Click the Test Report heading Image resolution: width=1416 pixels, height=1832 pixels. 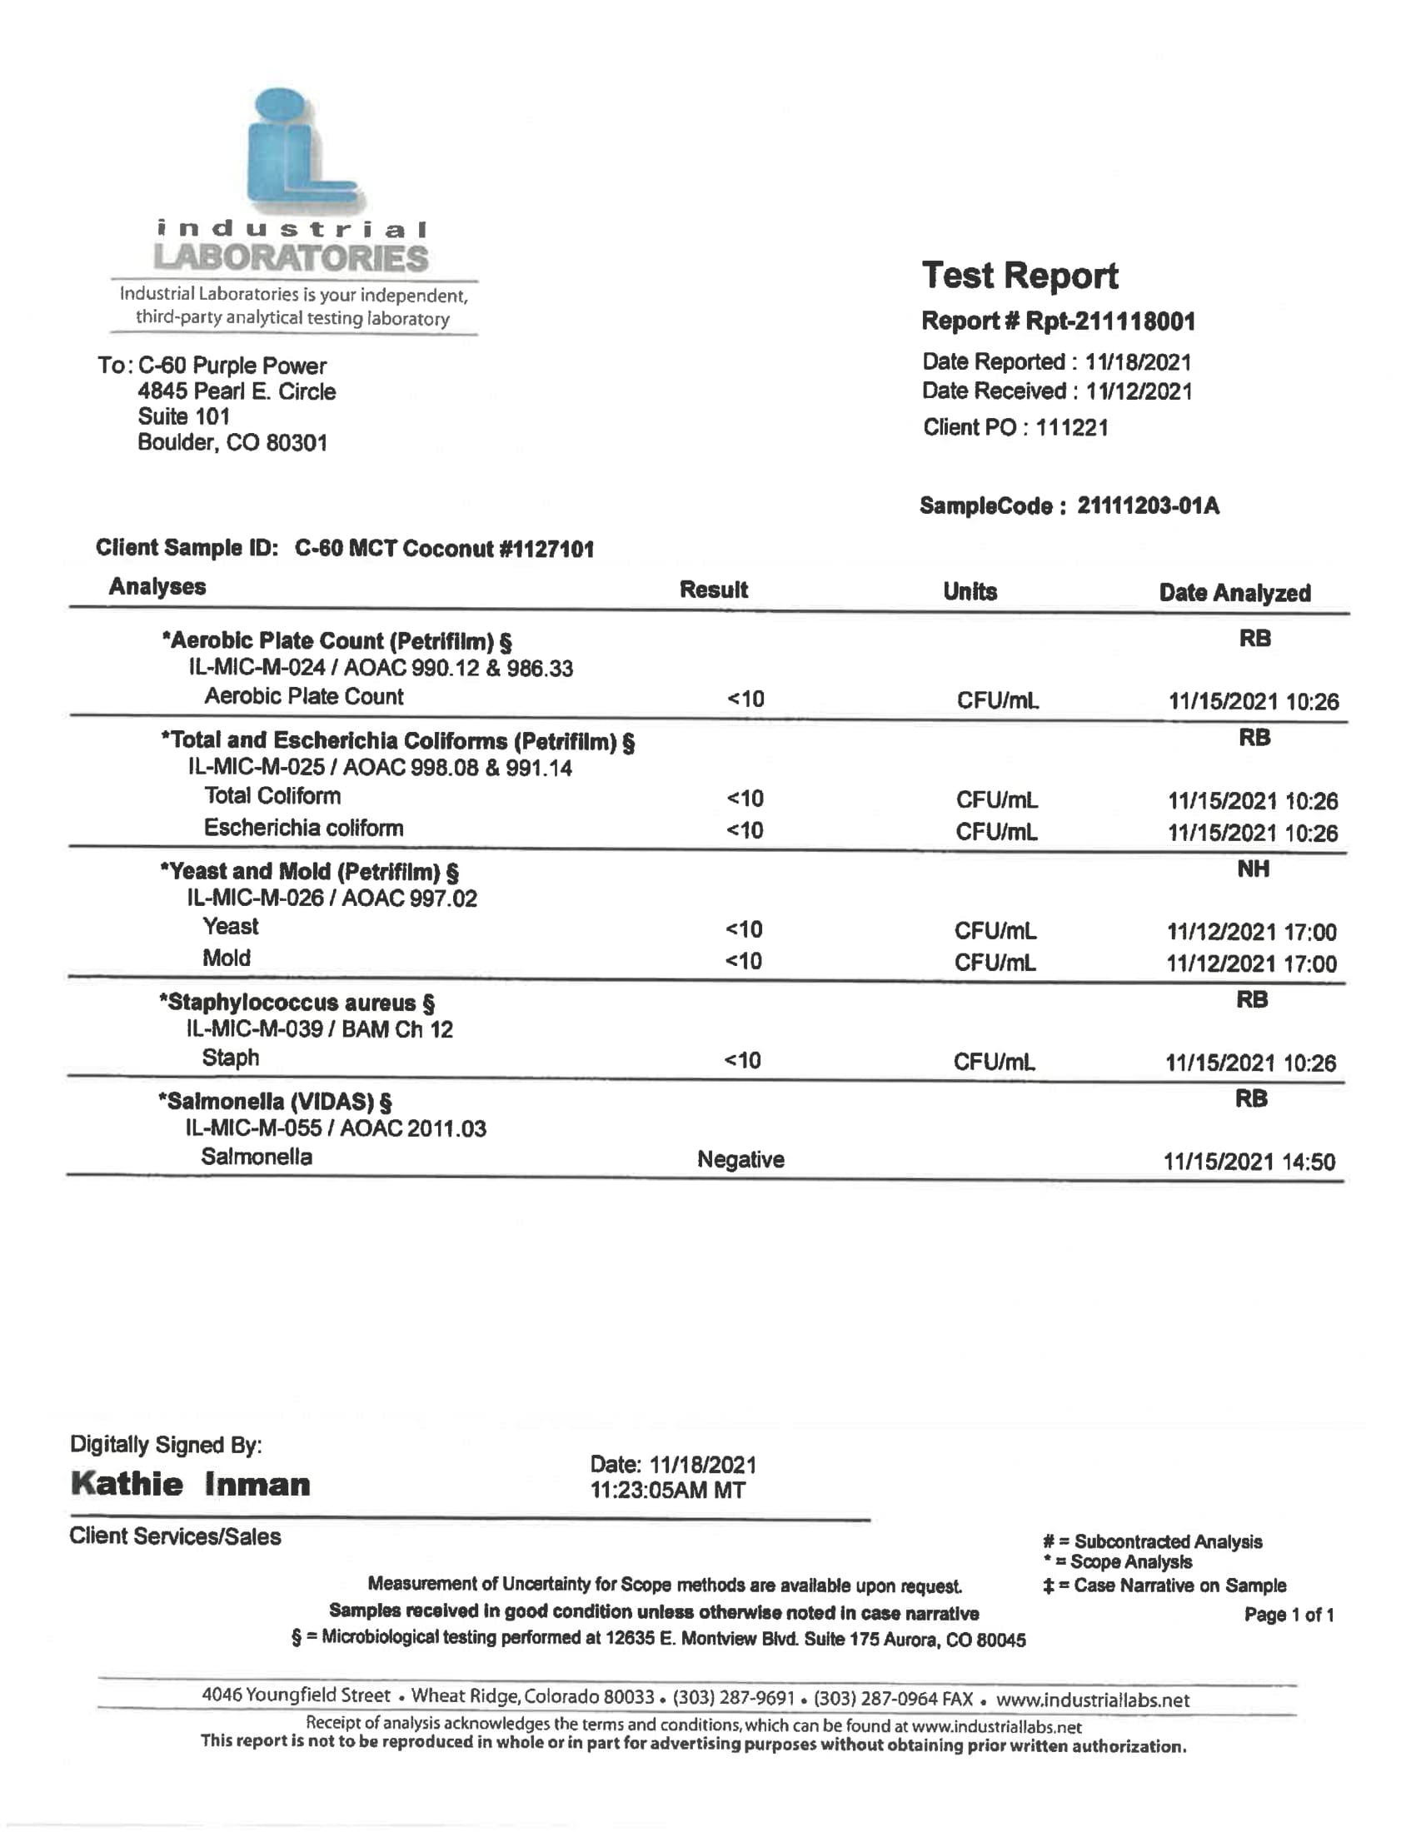(x=1020, y=276)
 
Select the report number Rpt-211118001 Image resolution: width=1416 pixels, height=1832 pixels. (x=1109, y=321)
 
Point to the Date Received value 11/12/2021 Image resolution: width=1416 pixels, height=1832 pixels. (x=1139, y=391)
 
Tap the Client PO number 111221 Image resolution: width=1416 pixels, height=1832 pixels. (x=1071, y=428)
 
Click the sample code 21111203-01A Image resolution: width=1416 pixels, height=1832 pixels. (x=1148, y=505)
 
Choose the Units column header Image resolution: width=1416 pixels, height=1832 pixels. (x=970, y=591)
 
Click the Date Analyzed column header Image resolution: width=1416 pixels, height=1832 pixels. (x=1234, y=593)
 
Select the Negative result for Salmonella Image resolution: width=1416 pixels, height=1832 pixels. (x=740, y=1159)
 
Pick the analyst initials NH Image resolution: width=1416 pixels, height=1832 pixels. (x=1254, y=869)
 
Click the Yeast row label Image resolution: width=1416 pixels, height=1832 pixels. (x=231, y=926)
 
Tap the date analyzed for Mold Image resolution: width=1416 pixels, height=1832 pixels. (x=1252, y=963)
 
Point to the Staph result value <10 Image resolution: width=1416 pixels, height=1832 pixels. (x=742, y=1060)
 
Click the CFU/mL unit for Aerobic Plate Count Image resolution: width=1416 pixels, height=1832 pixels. (x=997, y=700)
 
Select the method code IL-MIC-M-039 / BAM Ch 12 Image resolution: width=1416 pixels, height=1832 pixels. (x=320, y=1029)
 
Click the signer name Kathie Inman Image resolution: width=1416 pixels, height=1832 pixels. (x=191, y=1484)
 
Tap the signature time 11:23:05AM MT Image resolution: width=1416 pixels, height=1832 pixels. (x=668, y=1491)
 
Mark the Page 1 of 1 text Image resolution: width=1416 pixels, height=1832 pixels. (x=1289, y=1615)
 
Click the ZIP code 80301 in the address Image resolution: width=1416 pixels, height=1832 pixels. (x=297, y=443)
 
